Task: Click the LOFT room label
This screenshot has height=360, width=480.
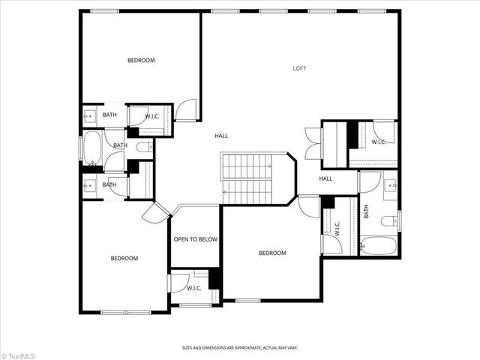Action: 299,68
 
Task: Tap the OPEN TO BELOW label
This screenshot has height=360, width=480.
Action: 195,239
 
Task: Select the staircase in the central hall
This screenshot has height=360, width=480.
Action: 247,178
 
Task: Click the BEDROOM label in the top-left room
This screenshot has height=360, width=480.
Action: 141,60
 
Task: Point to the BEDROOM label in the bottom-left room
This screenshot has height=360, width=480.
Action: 124,258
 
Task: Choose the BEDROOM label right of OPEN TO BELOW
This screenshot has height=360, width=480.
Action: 272,253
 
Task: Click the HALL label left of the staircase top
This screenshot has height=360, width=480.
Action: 221,136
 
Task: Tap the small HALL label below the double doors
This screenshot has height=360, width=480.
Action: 325,178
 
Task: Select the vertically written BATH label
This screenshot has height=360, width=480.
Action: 367,212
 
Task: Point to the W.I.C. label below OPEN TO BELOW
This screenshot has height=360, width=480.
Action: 193,287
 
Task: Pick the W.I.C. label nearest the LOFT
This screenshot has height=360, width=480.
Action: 378,142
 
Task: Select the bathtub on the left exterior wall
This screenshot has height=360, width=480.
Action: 93,148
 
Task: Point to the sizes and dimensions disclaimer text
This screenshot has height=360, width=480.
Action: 239,347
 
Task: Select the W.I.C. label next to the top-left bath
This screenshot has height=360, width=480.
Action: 151,115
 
